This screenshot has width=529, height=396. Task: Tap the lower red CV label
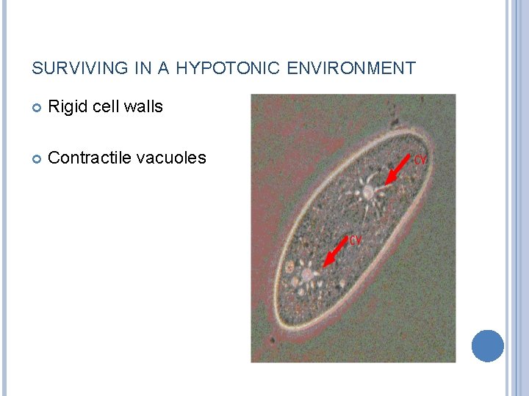point(356,240)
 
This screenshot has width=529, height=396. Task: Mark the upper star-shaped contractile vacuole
point(367,192)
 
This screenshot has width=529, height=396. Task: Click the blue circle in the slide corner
point(487,345)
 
